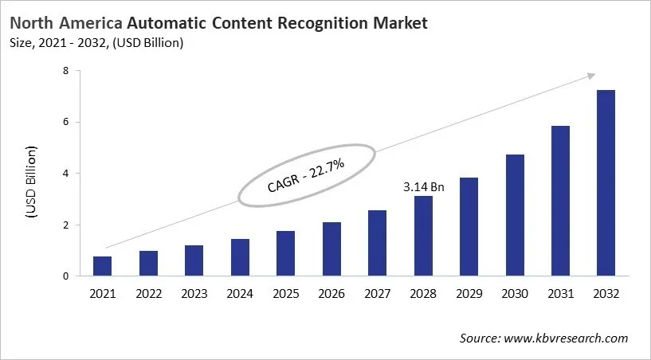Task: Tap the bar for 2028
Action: click(423, 237)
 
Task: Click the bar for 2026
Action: click(331, 249)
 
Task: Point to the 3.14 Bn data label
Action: click(423, 187)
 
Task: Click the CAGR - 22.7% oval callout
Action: click(307, 177)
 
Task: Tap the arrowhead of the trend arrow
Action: click(590, 75)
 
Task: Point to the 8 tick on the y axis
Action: click(66, 71)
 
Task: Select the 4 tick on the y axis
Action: click(66, 174)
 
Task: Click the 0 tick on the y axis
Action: click(66, 276)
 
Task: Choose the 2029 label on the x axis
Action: click(469, 294)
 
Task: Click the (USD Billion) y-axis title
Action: click(31, 182)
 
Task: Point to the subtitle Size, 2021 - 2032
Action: click(72, 43)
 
